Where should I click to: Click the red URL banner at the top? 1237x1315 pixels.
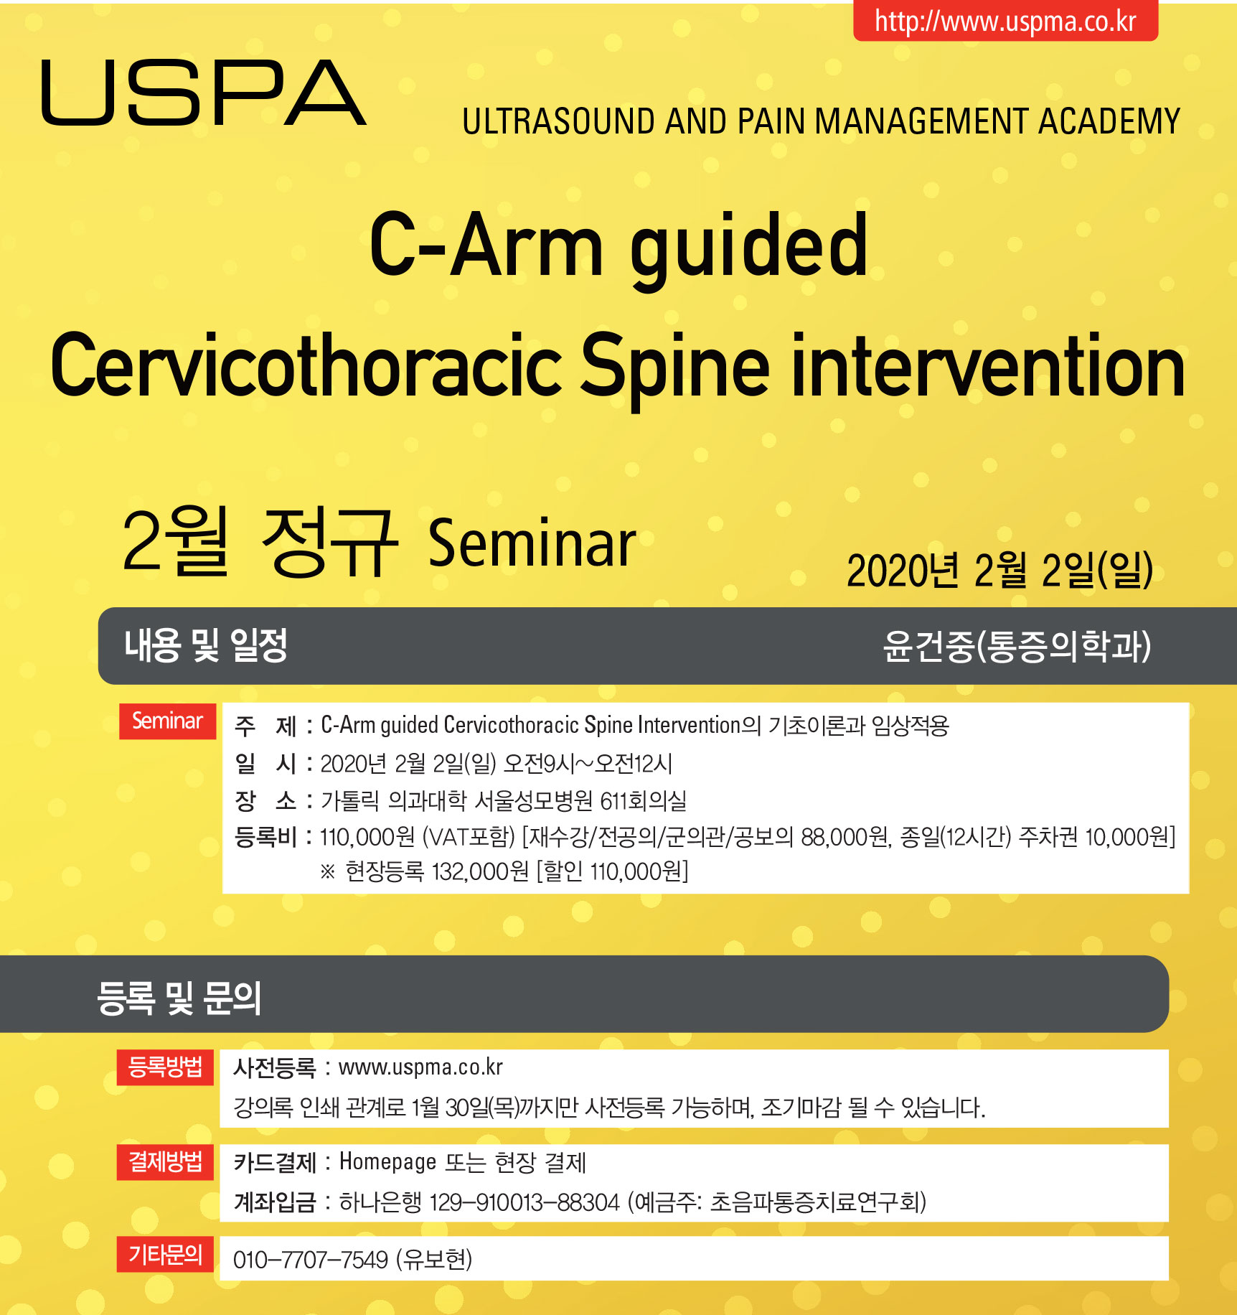point(1005,21)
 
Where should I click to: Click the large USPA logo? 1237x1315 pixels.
point(204,93)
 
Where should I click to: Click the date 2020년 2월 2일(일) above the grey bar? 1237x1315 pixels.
point(1000,571)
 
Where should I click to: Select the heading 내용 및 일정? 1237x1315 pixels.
point(206,645)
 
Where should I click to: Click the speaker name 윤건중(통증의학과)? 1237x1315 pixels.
point(1017,646)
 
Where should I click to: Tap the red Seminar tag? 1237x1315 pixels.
point(168,721)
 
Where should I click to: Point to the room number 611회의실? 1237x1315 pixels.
point(643,800)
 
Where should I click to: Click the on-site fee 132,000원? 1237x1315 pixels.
point(480,872)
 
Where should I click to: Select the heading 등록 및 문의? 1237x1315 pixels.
point(179,998)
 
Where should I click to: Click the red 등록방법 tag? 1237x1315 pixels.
point(165,1067)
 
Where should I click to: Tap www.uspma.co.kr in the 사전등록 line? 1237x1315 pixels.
point(420,1067)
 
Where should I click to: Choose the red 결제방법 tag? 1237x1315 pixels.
point(165,1162)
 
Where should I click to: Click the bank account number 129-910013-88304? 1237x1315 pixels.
point(525,1202)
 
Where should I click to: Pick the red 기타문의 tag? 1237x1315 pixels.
point(165,1255)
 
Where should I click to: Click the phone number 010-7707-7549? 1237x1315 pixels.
point(311,1260)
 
